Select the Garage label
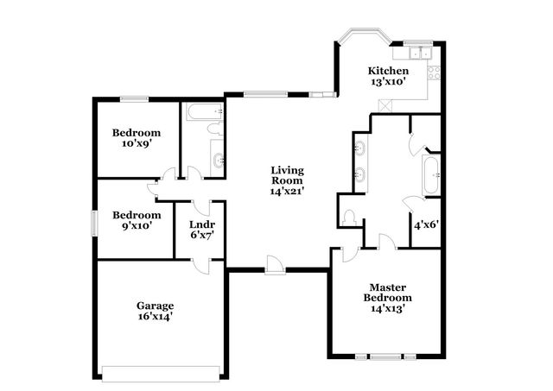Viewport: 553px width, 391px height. (x=156, y=311)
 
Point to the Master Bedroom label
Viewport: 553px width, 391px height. (x=387, y=297)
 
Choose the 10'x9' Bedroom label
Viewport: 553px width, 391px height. (x=137, y=138)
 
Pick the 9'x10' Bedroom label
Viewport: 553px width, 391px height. (x=137, y=220)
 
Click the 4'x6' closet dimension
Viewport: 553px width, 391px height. (x=425, y=224)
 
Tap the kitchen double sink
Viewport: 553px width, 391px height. (x=417, y=52)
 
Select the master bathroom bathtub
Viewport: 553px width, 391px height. (x=430, y=176)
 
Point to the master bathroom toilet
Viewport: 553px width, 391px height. (x=350, y=216)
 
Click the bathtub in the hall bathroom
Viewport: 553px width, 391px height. (x=205, y=111)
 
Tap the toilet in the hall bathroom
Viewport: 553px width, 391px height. (x=214, y=129)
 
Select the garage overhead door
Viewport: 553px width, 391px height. (x=161, y=373)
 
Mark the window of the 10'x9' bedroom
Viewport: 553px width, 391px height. (x=134, y=98)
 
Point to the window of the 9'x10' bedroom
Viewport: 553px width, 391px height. (x=96, y=220)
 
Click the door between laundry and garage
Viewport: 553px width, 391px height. (x=201, y=265)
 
